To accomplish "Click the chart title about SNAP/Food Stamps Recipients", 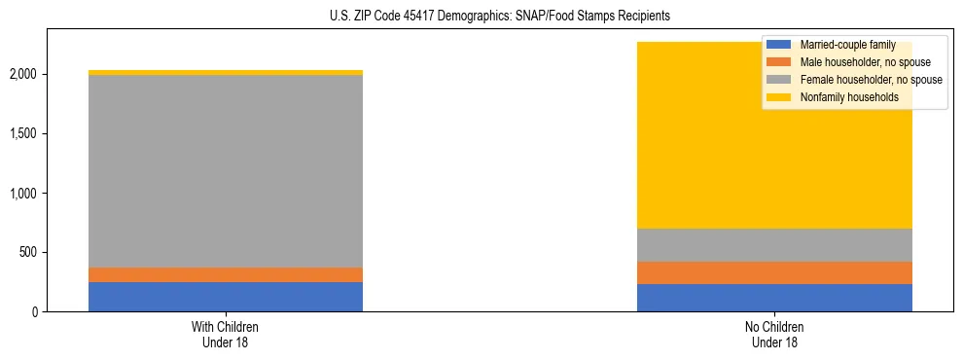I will [482, 17].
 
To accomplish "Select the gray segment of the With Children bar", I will [226, 171].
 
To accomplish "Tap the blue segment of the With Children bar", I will [226, 297].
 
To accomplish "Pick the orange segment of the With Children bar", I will [226, 274].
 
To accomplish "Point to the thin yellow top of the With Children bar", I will [226, 72].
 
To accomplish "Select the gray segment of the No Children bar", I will [774, 245].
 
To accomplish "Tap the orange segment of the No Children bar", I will [774, 272].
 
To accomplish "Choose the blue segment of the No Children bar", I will [774, 298].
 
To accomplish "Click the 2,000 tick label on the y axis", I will [22, 74].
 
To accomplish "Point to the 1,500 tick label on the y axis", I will [22, 133].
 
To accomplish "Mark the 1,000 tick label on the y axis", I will [22, 193].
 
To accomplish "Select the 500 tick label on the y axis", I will [28, 252].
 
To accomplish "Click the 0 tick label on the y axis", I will [35, 311].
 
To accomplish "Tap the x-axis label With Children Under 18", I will [226, 334].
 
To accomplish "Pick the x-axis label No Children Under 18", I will [774, 334].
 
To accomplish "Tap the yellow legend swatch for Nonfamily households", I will [779, 97].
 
